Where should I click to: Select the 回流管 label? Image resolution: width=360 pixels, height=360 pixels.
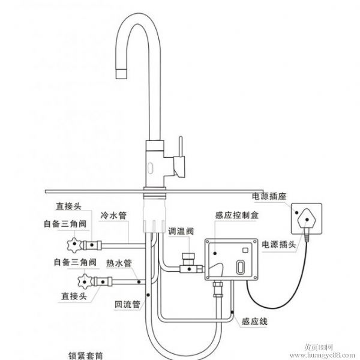pos(127,305)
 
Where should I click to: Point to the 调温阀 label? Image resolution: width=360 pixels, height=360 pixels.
pos(181,230)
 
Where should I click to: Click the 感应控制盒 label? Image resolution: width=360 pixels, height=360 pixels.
pos(231,214)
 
